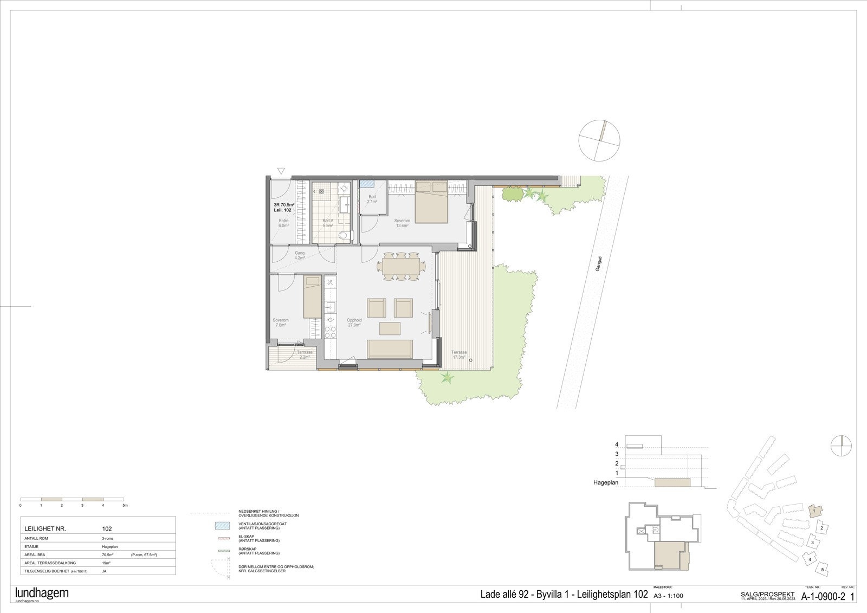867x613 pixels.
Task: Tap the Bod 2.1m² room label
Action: [x=372, y=199]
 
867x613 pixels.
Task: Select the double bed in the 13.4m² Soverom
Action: [x=431, y=202]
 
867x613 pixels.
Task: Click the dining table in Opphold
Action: [x=401, y=267]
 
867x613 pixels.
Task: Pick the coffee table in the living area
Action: [x=390, y=328]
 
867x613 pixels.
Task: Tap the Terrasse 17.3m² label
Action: [x=459, y=354]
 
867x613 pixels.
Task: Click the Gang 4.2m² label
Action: [x=299, y=255]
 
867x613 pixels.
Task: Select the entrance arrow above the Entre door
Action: [x=281, y=171]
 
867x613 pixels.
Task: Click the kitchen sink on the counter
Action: [x=329, y=307]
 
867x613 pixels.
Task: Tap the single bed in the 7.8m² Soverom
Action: [x=312, y=297]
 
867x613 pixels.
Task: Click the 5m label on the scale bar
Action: [x=125, y=505]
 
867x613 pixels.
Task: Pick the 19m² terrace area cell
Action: [x=106, y=563]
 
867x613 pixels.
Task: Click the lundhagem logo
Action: [x=42, y=592]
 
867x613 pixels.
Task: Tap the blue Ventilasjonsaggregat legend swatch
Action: [x=222, y=525]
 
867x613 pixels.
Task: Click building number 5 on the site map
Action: [x=823, y=569]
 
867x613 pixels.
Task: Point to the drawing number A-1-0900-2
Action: [x=823, y=597]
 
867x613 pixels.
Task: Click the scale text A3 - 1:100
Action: [x=669, y=596]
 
